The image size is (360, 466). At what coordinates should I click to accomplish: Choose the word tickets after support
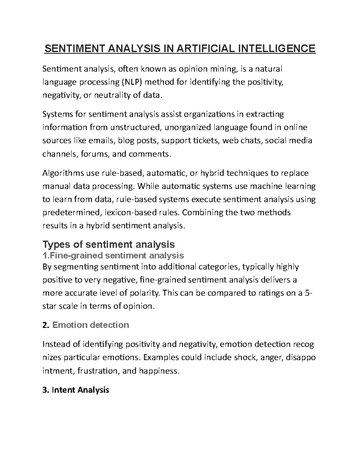click(x=206, y=141)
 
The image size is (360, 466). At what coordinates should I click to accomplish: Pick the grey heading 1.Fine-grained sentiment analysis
click(x=113, y=255)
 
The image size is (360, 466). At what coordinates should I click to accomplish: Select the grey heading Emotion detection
click(x=91, y=325)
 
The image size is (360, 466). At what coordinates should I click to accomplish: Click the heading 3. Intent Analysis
click(x=76, y=390)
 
